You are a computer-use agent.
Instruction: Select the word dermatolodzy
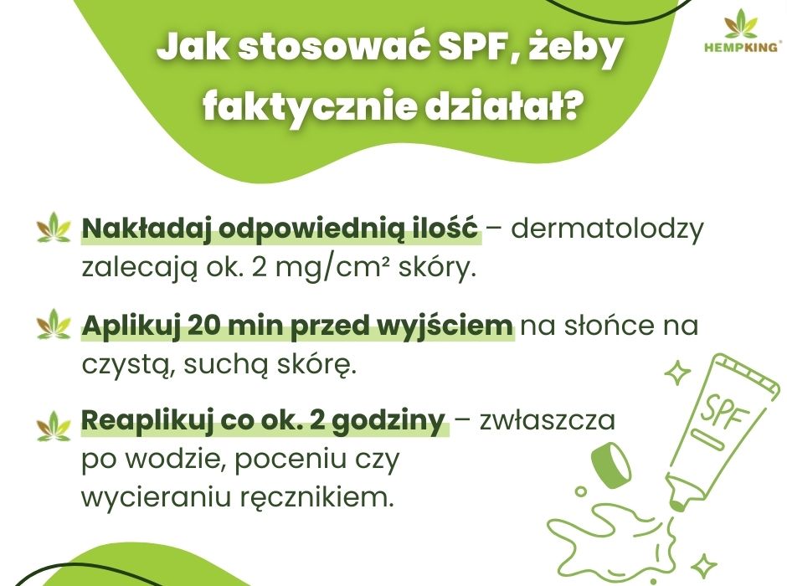click(608, 229)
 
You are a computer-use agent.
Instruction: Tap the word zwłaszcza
click(548, 421)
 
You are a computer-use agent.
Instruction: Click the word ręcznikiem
click(332, 499)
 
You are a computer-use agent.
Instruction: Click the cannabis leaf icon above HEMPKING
click(741, 23)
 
